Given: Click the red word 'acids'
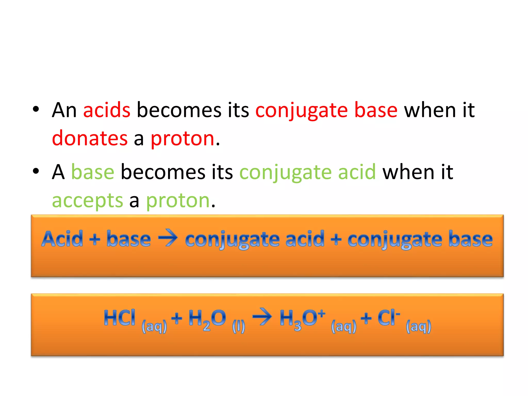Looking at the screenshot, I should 107,110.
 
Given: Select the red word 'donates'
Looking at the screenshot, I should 90,138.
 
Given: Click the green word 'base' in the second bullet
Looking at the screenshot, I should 93,172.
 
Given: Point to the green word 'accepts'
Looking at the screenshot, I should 88,201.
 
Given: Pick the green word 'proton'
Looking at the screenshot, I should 178,201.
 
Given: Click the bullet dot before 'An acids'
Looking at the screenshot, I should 36,109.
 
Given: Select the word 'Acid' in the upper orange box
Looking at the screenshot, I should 62,239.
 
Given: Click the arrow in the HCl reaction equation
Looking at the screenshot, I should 262,317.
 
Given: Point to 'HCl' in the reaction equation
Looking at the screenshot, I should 119,318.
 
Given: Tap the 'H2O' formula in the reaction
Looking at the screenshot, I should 207,319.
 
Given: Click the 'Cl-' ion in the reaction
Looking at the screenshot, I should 388,318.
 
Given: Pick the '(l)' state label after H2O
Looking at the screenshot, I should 238,327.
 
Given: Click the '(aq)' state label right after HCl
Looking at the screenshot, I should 154,327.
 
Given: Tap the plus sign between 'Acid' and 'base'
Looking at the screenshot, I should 95,240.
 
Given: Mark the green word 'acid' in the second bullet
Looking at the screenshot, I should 357,172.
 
